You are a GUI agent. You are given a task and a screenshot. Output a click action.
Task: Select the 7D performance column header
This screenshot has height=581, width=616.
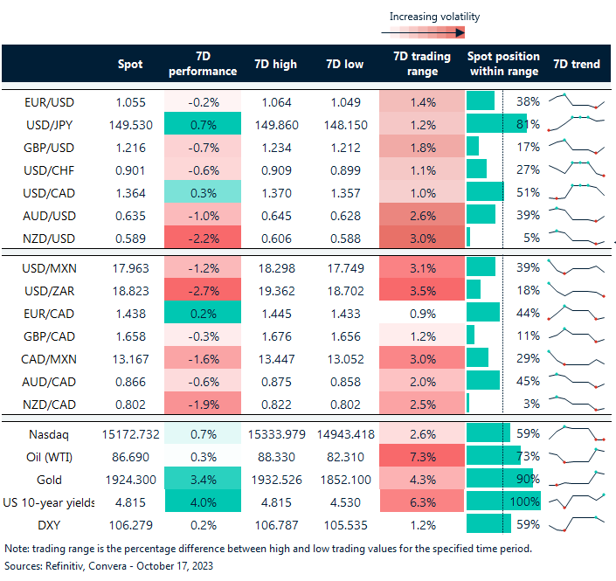pyautogui.click(x=202, y=64)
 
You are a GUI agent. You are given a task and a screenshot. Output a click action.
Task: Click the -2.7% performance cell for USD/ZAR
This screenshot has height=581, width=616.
pyautogui.click(x=202, y=289)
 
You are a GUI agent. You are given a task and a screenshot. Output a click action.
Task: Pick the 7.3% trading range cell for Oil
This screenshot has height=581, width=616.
pyautogui.click(x=423, y=456)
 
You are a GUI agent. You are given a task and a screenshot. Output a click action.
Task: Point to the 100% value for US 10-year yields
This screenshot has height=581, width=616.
pyautogui.click(x=526, y=501)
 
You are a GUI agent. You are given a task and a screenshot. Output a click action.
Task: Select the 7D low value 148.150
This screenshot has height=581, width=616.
pyautogui.click(x=345, y=124)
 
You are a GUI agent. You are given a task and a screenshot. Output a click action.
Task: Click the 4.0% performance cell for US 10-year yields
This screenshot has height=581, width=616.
pyautogui.click(x=202, y=501)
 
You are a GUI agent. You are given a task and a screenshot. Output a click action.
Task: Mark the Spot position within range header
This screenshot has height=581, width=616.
pyautogui.click(x=504, y=64)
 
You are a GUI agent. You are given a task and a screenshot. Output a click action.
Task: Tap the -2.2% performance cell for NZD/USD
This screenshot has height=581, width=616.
pyautogui.click(x=202, y=236)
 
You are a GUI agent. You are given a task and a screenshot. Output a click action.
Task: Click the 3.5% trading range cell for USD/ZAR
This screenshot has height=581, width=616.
pyautogui.click(x=423, y=289)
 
